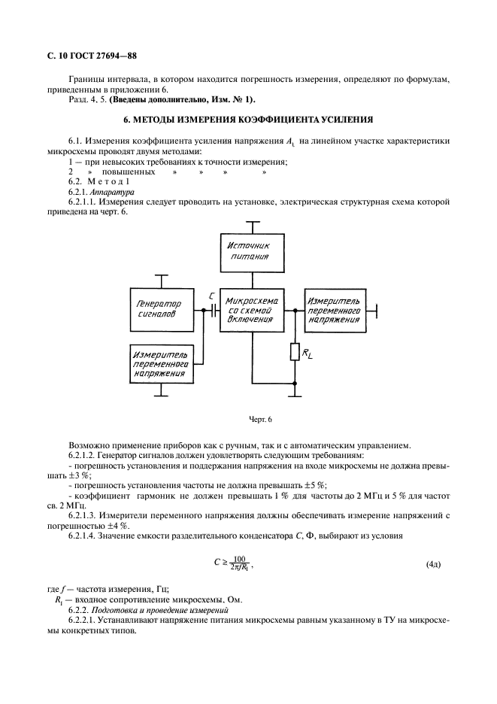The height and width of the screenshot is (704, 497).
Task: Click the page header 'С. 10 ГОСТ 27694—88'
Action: pos(86,56)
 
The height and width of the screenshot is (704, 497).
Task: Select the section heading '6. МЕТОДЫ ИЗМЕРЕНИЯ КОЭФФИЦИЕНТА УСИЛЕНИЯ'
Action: pos(247,120)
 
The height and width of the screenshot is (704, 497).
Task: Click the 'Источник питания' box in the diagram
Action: pos(255,251)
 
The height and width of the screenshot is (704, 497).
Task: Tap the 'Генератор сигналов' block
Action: pos(162,310)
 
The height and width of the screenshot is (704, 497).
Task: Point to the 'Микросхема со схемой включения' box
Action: pos(252,309)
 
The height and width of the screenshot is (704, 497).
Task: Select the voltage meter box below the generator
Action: pos(162,364)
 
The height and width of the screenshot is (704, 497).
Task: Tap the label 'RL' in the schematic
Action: pos(307,354)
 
